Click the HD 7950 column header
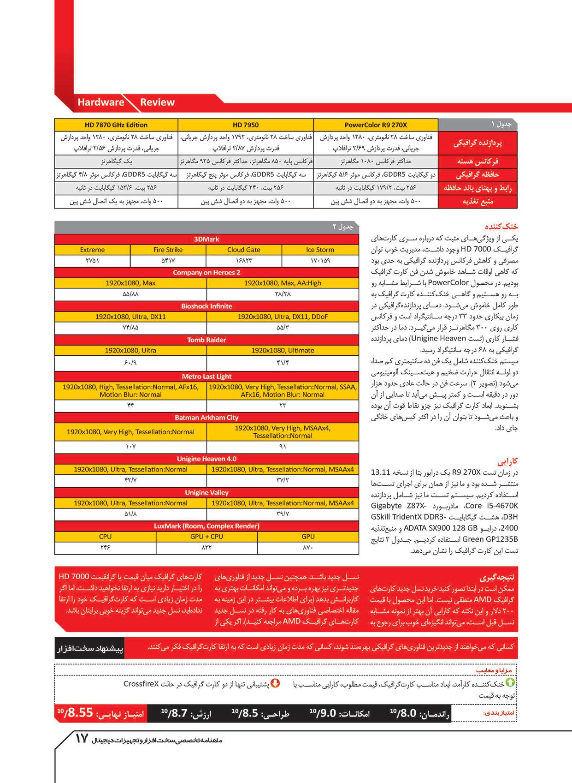[246, 125]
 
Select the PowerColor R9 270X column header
[376, 125]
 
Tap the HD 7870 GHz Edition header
[116, 125]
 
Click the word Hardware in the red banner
[101, 102]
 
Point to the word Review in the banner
[157, 102]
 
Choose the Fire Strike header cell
[168, 250]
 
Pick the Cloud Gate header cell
[244, 250]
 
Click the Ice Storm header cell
[320, 250]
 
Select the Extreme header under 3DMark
[92, 250]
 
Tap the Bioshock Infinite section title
[206, 306]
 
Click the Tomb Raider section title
[206, 340]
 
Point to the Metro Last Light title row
[206, 377]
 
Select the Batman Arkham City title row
[206, 418]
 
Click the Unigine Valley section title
[206, 493]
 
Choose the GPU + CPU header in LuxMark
[206, 537]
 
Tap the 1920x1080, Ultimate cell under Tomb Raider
[283, 351]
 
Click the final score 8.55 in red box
[80, 713]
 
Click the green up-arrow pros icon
[510, 683]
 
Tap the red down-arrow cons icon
[275, 683]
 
